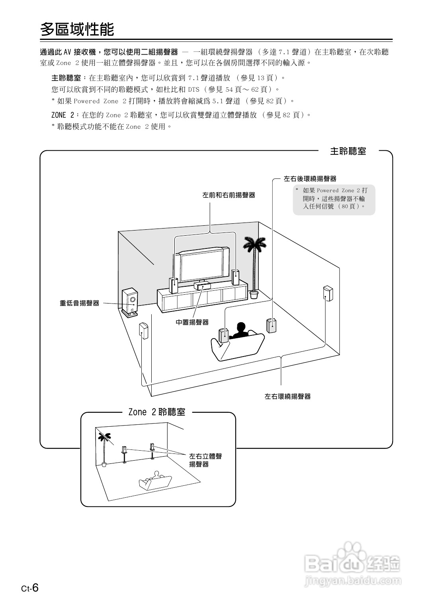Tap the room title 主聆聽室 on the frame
tap(348, 151)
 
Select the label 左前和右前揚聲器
tap(229, 195)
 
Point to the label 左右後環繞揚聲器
tap(310, 179)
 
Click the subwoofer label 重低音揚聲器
tap(79, 303)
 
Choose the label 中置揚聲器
tap(192, 322)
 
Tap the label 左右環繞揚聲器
tap(287, 396)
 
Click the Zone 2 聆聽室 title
tap(157, 412)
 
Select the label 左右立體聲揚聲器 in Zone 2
tap(205, 460)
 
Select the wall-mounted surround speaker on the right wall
tap(328, 294)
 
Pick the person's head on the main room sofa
tap(240, 328)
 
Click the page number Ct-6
tap(30, 588)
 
